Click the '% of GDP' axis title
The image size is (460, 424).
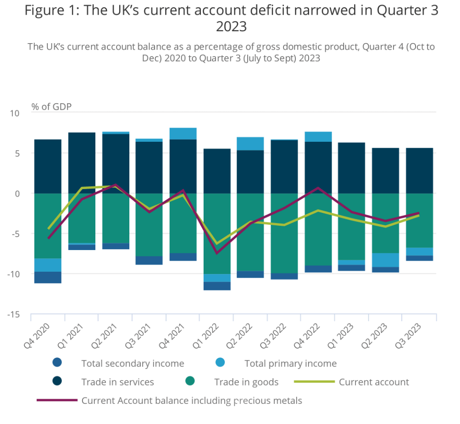coord(51,106)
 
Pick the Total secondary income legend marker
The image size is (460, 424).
coord(57,363)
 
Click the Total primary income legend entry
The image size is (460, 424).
coord(290,363)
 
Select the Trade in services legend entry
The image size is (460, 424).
coord(117,382)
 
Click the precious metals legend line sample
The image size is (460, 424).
coord(56,400)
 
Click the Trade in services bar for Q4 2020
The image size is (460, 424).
coord(48,166)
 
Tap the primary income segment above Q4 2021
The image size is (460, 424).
coord(183,134)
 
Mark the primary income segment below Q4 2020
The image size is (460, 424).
coord(48,265)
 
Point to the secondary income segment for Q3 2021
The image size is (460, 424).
coord(149,260)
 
